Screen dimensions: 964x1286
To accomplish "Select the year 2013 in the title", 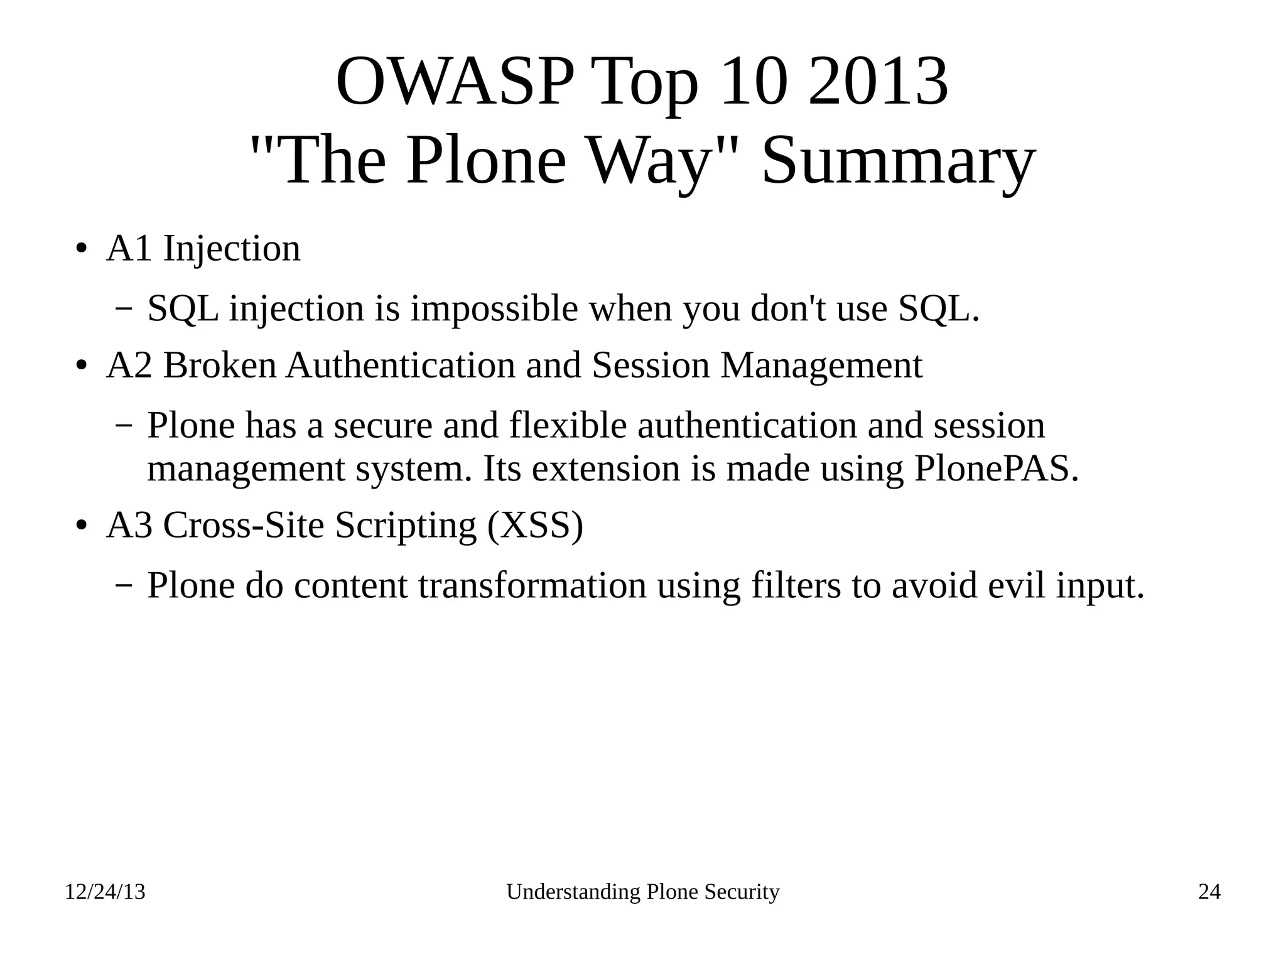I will (x=877, y=82).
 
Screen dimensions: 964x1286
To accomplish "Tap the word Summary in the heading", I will (x=898, y=161).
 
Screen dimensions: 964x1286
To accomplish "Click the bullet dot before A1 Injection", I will (x=80, y=249).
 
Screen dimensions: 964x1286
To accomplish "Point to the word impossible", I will (x=494, y=308).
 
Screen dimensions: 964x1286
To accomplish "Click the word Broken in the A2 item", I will (x=219, y=365).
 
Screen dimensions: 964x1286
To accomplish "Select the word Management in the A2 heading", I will (x=821, y=366).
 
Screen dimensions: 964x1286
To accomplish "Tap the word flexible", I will (x=568, y=425).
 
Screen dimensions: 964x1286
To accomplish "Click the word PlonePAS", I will (x=996, y=468).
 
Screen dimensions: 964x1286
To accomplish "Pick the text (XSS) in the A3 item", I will (x=535, y=525).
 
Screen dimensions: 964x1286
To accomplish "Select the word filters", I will (x=796, y=585).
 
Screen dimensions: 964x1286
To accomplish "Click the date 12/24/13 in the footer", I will (x=105, y=892).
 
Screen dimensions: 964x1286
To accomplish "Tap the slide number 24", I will (x=1209, y=892).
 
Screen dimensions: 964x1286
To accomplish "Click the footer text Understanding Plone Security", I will (x=642, y=892).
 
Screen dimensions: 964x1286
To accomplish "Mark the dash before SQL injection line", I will (x=124, y=309).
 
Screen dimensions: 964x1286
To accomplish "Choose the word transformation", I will (x=532, y=585).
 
